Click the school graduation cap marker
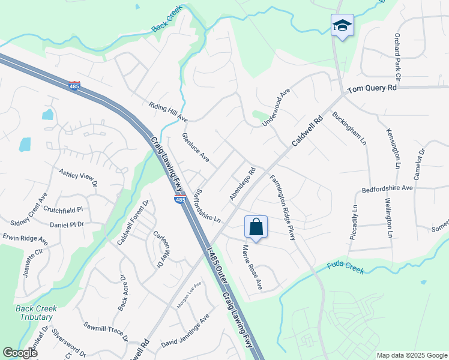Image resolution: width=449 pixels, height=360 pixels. pyautogui.click(x=342, y=26)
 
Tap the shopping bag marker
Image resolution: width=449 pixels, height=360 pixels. pyautogui.click(x=256, y=227)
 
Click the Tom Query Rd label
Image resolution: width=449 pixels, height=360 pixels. pyautogui.click(x=373, y=88)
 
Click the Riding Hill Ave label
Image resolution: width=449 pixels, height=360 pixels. pyautogui.click(x=169, y=112)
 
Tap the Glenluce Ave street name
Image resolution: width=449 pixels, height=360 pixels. pyautogui.click(x=196, y=148)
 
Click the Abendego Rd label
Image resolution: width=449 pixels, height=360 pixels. pyautogui.click(x=243, y=184)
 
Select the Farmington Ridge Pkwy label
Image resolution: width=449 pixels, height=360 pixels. pyautogui.click(x=283, y=208)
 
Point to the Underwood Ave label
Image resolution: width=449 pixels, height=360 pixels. pyautogui.click(x=276, y=108)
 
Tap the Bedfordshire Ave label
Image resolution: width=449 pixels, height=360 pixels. pyautogui.click(x=387, y=188)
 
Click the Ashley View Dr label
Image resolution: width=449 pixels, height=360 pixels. pyautogui.click(x=77, y=178)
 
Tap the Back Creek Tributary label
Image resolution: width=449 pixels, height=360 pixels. pyautogui.click(x=36, y=313)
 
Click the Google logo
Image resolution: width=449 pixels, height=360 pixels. pyautogui.click(x=20, y=353)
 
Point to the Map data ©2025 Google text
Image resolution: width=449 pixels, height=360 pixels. pyautogui.click(x=411, y=355)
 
